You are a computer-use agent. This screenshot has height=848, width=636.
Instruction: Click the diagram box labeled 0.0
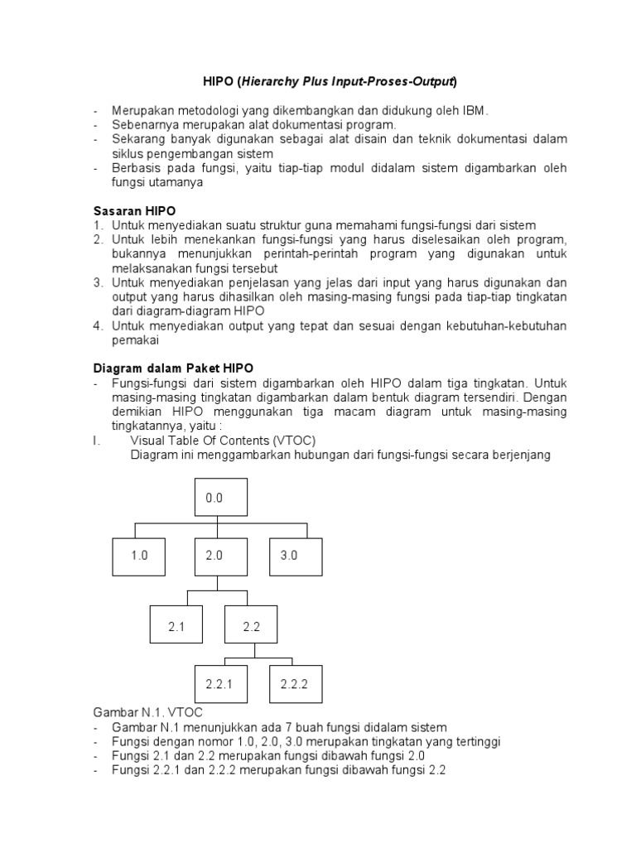[214, 499]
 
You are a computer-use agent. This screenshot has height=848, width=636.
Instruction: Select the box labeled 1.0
[139, 556]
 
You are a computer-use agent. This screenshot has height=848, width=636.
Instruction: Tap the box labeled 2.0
[214, 556]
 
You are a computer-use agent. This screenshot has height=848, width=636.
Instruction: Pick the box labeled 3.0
[288, 556]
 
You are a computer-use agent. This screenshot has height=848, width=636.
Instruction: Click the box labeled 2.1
[176, 627]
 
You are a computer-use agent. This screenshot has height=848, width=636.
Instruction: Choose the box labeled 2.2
[251, 627]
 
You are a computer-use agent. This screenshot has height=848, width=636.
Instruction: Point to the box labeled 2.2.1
[219, 685]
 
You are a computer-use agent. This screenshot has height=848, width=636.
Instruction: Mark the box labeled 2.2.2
[295, 685]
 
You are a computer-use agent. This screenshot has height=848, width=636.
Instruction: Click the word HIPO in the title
[219, 81]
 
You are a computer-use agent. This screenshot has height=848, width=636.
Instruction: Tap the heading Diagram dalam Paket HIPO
[173, 367]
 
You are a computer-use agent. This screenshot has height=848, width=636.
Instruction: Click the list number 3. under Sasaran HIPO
[97, 282]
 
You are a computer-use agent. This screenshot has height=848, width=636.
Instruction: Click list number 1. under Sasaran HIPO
[97, 225]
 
